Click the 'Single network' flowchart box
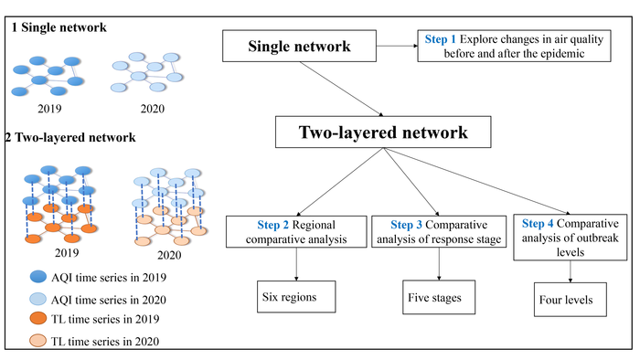pos(299,46)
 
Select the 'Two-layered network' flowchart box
pos(383,132)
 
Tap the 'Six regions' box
pos(296,297)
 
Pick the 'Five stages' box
pos(439,297)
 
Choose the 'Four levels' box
pos(571,300)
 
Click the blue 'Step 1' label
pos(440,39)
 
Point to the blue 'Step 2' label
pos(272,225)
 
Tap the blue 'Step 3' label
pos(406,225)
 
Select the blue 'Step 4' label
pos(538,224)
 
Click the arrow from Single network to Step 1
pos(397,46)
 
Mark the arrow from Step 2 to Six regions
pos(296,264)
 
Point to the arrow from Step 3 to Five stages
pos(439,264)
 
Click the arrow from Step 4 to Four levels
pos(571,271)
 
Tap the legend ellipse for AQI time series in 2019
pos(38,277)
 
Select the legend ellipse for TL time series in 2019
pos(38,318)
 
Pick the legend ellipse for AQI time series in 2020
pos(38,299)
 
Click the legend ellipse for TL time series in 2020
pos(38,341)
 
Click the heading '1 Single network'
pos(59,27)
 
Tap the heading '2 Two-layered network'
pos(70,137)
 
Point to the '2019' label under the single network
pos(49,109)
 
